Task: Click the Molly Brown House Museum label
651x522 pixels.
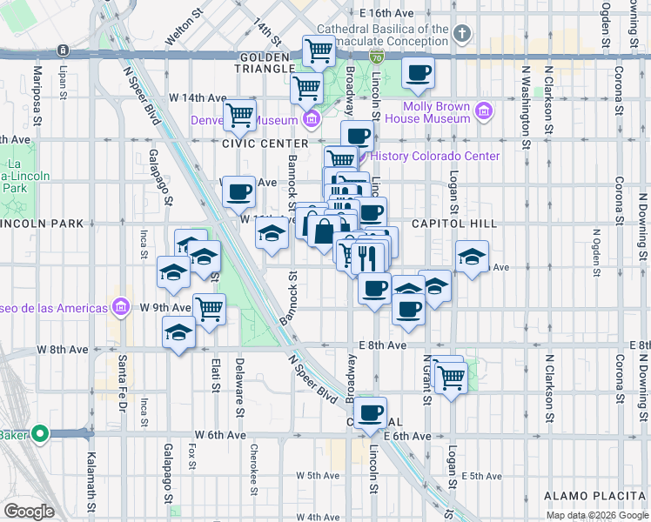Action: [428, 112]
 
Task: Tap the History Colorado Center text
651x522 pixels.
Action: [435, 157]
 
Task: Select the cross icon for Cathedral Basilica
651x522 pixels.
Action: [462, 35]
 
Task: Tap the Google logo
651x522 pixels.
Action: [29, 512]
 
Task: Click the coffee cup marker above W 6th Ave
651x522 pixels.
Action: [372, 412]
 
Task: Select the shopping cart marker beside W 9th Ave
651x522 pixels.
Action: [209, 308]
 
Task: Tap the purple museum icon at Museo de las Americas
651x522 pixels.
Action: [119, 308]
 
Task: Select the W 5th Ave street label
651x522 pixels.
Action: [317, 476]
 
